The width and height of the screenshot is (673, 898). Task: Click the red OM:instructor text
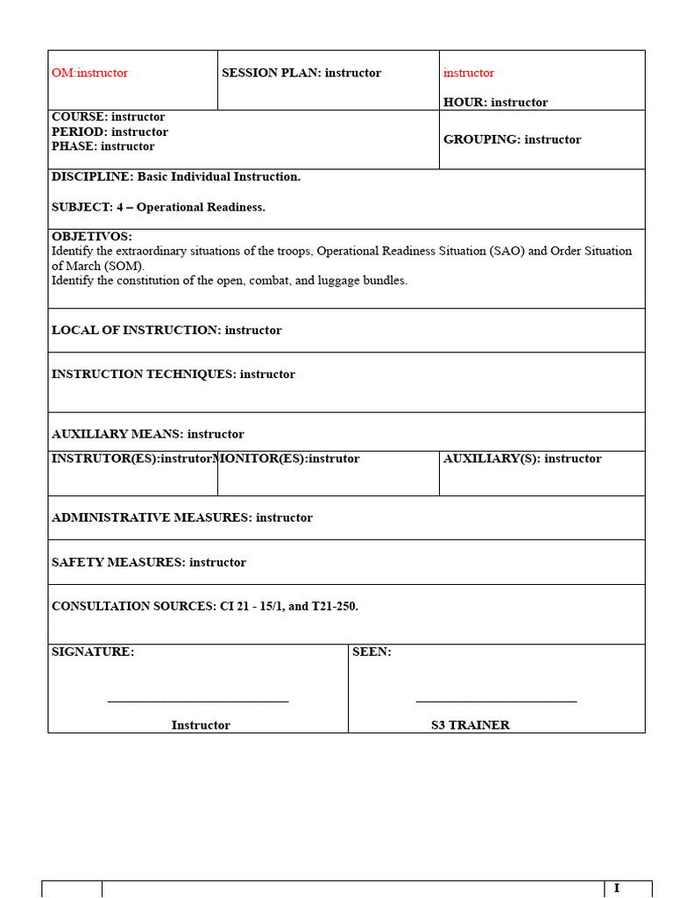(89, 73)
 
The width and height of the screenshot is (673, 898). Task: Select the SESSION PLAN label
(271, 73)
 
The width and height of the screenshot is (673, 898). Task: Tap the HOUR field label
(464, 103)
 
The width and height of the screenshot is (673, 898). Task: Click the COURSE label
(79, 117)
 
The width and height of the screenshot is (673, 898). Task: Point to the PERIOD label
(80, 132)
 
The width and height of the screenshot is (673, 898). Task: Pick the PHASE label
(74, 146)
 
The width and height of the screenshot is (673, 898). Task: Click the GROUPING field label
(481, 139)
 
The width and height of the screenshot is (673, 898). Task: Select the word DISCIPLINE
(91, 176)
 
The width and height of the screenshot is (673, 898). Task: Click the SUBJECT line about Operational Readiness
(159, 207)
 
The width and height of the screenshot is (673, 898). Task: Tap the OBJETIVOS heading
(92, 237)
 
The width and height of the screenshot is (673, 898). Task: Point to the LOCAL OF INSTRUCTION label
(135, 331)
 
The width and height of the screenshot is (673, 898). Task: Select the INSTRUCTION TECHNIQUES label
(142, 374)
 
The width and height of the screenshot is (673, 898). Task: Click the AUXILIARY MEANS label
(117, 434)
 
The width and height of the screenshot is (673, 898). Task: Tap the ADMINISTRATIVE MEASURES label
(151, 517)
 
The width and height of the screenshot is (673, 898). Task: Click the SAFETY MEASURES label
(117, 562)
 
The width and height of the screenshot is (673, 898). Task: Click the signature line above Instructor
(198, 701)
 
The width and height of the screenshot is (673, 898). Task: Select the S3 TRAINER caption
(470, 725)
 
